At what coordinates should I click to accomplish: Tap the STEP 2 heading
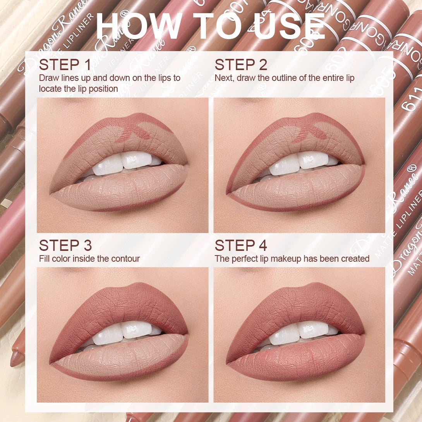(x=241, y=65)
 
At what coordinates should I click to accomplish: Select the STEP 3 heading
(x=65, y=245)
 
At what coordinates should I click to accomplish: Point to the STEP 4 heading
(x=241, y=245)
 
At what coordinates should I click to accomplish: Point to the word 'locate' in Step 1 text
(x=50, y=89)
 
